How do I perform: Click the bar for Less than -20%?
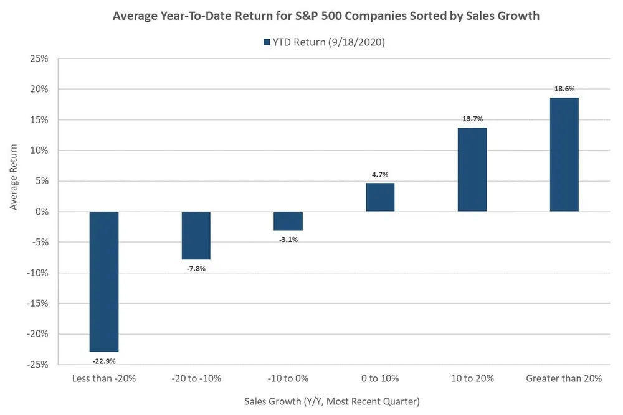click(x=104, y=282)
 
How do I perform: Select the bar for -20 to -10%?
click(x=196, y=235)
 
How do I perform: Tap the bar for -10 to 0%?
click(x=288, y=221)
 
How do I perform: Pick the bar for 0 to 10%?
click(x=380, y=197)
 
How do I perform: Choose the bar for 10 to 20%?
click(x=472, y=170)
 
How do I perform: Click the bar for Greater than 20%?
click(x=564, y=155)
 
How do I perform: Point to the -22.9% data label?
click(x=104, y=360)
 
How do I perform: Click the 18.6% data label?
click(x=564, y=90)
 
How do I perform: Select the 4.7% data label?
click(x=380, y=175)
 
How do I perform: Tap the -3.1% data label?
click(x=288, y=240)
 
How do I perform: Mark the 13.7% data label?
click(x=472, y=119)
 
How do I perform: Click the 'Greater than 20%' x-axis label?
click(x=564, y=378)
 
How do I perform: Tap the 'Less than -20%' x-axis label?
click(x=104, y=378)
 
